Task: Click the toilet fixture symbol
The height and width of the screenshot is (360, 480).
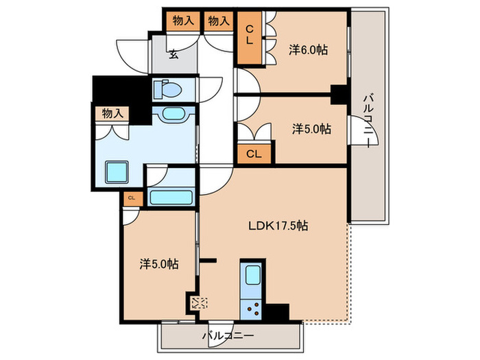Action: click(x=167, y=90)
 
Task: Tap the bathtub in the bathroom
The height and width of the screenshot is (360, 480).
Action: click(x=171, y=197)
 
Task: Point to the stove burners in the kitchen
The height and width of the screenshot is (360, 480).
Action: click(x=251, y=310)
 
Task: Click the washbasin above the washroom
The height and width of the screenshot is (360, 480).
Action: click(x=174, y=114)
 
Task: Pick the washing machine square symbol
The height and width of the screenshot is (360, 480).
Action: click(x=117, y=172)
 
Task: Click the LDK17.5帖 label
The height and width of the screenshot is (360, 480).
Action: click(x=278, y=226)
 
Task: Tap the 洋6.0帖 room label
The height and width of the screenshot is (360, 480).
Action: click(x=308, y=49)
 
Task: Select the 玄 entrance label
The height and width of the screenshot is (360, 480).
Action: click(x=173, y=55)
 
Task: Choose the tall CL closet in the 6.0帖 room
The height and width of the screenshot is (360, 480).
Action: click(x=250, y=38)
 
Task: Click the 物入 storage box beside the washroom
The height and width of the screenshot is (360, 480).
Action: click(x=112, y=113)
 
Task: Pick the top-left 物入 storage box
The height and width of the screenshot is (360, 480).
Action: click(x=183, y=21)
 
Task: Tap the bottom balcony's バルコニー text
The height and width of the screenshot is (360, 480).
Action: click(x=228, y=336)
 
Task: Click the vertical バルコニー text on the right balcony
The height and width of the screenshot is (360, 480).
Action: click(x=369, y=121)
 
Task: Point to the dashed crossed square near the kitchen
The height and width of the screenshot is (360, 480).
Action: click(x=199, y=303)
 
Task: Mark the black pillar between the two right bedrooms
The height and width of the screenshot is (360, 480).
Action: click(x=339, y=95)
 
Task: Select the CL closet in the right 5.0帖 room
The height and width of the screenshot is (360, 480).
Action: click(x=254, y=154)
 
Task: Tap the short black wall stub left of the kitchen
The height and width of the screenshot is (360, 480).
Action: click(x=208, y=261)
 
